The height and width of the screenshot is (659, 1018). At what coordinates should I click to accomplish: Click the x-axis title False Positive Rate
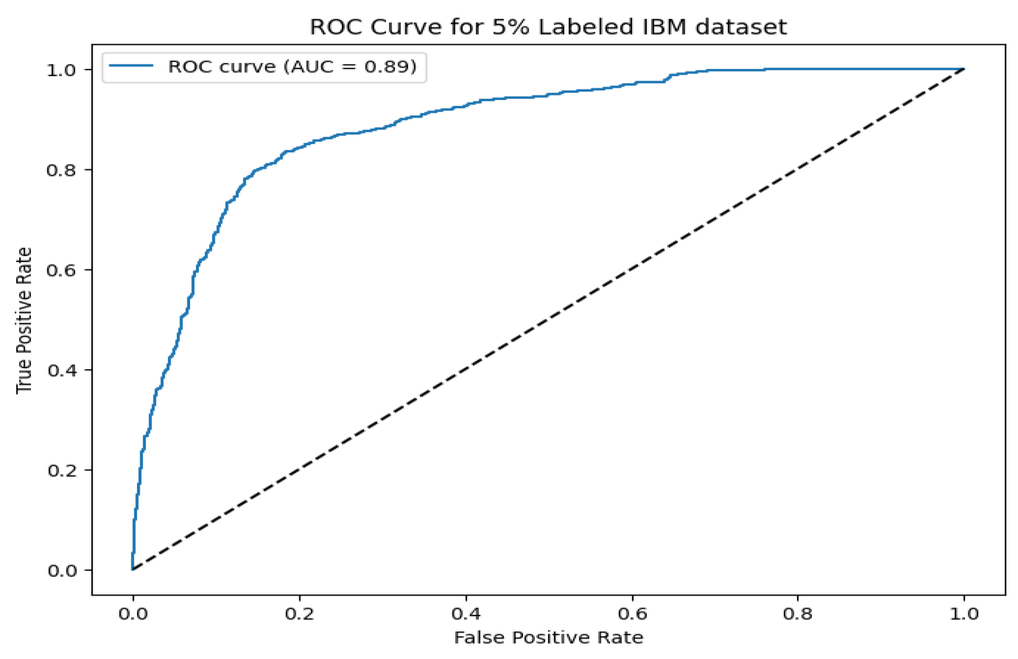click(548, 637)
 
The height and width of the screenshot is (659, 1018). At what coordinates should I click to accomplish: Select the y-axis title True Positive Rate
click(24, 320)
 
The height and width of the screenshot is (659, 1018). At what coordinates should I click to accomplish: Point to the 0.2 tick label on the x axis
click(299, 614)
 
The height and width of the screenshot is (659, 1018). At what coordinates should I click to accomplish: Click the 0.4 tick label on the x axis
click(466, 614)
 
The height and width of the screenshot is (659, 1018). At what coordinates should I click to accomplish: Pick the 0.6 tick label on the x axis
click(632, 614)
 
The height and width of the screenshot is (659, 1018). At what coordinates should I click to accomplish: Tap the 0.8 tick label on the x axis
click(798, 614)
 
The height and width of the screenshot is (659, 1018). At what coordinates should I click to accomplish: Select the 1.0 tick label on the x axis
click(964, 614)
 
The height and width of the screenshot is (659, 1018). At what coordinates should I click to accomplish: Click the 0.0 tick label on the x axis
click(133, 614)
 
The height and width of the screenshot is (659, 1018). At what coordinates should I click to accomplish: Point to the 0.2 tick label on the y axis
click(61, 470)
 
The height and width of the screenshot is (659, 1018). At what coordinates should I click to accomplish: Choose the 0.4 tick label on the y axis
click(61, 370)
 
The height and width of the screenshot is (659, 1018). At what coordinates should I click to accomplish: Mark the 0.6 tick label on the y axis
click(61, 270)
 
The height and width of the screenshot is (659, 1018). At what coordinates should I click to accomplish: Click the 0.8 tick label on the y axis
click(61, 170)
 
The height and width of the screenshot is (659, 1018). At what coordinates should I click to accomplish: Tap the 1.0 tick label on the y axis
click(61, 70)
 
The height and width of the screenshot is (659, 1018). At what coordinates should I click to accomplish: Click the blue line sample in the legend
click(131, 66)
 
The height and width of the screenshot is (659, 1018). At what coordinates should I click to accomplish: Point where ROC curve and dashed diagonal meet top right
click(964, 69)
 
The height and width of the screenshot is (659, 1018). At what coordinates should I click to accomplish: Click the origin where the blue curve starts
click(133, 570)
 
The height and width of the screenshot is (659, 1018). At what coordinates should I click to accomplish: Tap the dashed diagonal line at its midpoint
click(548, 320)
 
